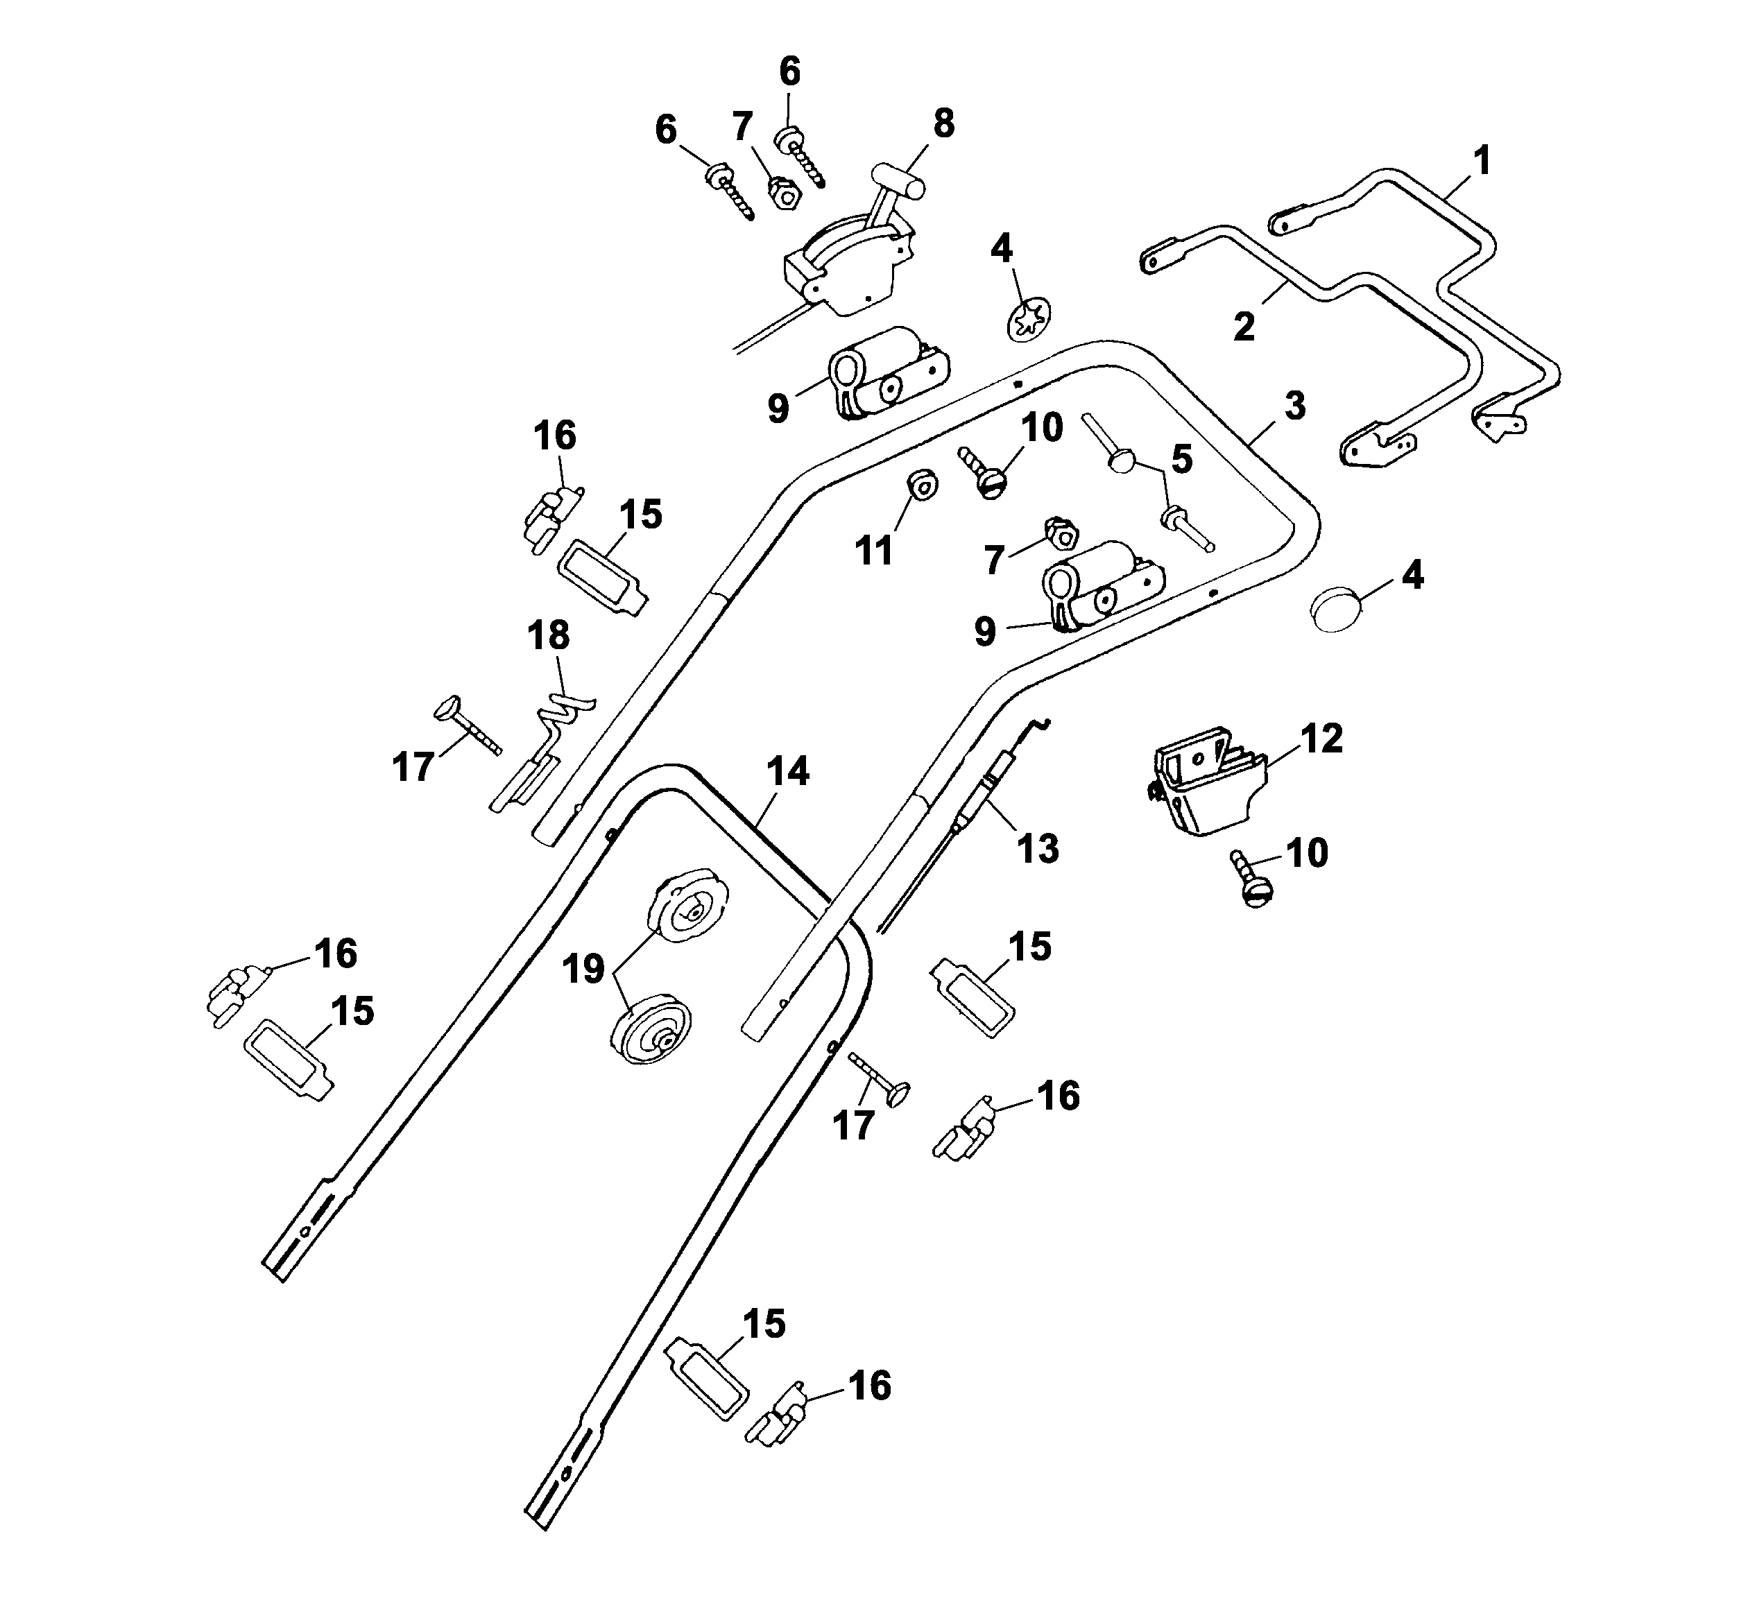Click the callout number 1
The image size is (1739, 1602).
(1482, 161)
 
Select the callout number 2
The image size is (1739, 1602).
(1244, 327)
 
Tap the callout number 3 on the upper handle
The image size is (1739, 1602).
(1294, 406)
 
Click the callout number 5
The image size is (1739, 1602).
(1181, 459)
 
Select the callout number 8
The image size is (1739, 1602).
(943, 124)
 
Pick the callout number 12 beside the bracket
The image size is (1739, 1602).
(1321, 739)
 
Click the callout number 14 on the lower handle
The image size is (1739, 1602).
(787, 770)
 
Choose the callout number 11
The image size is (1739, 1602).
(874, 551)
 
